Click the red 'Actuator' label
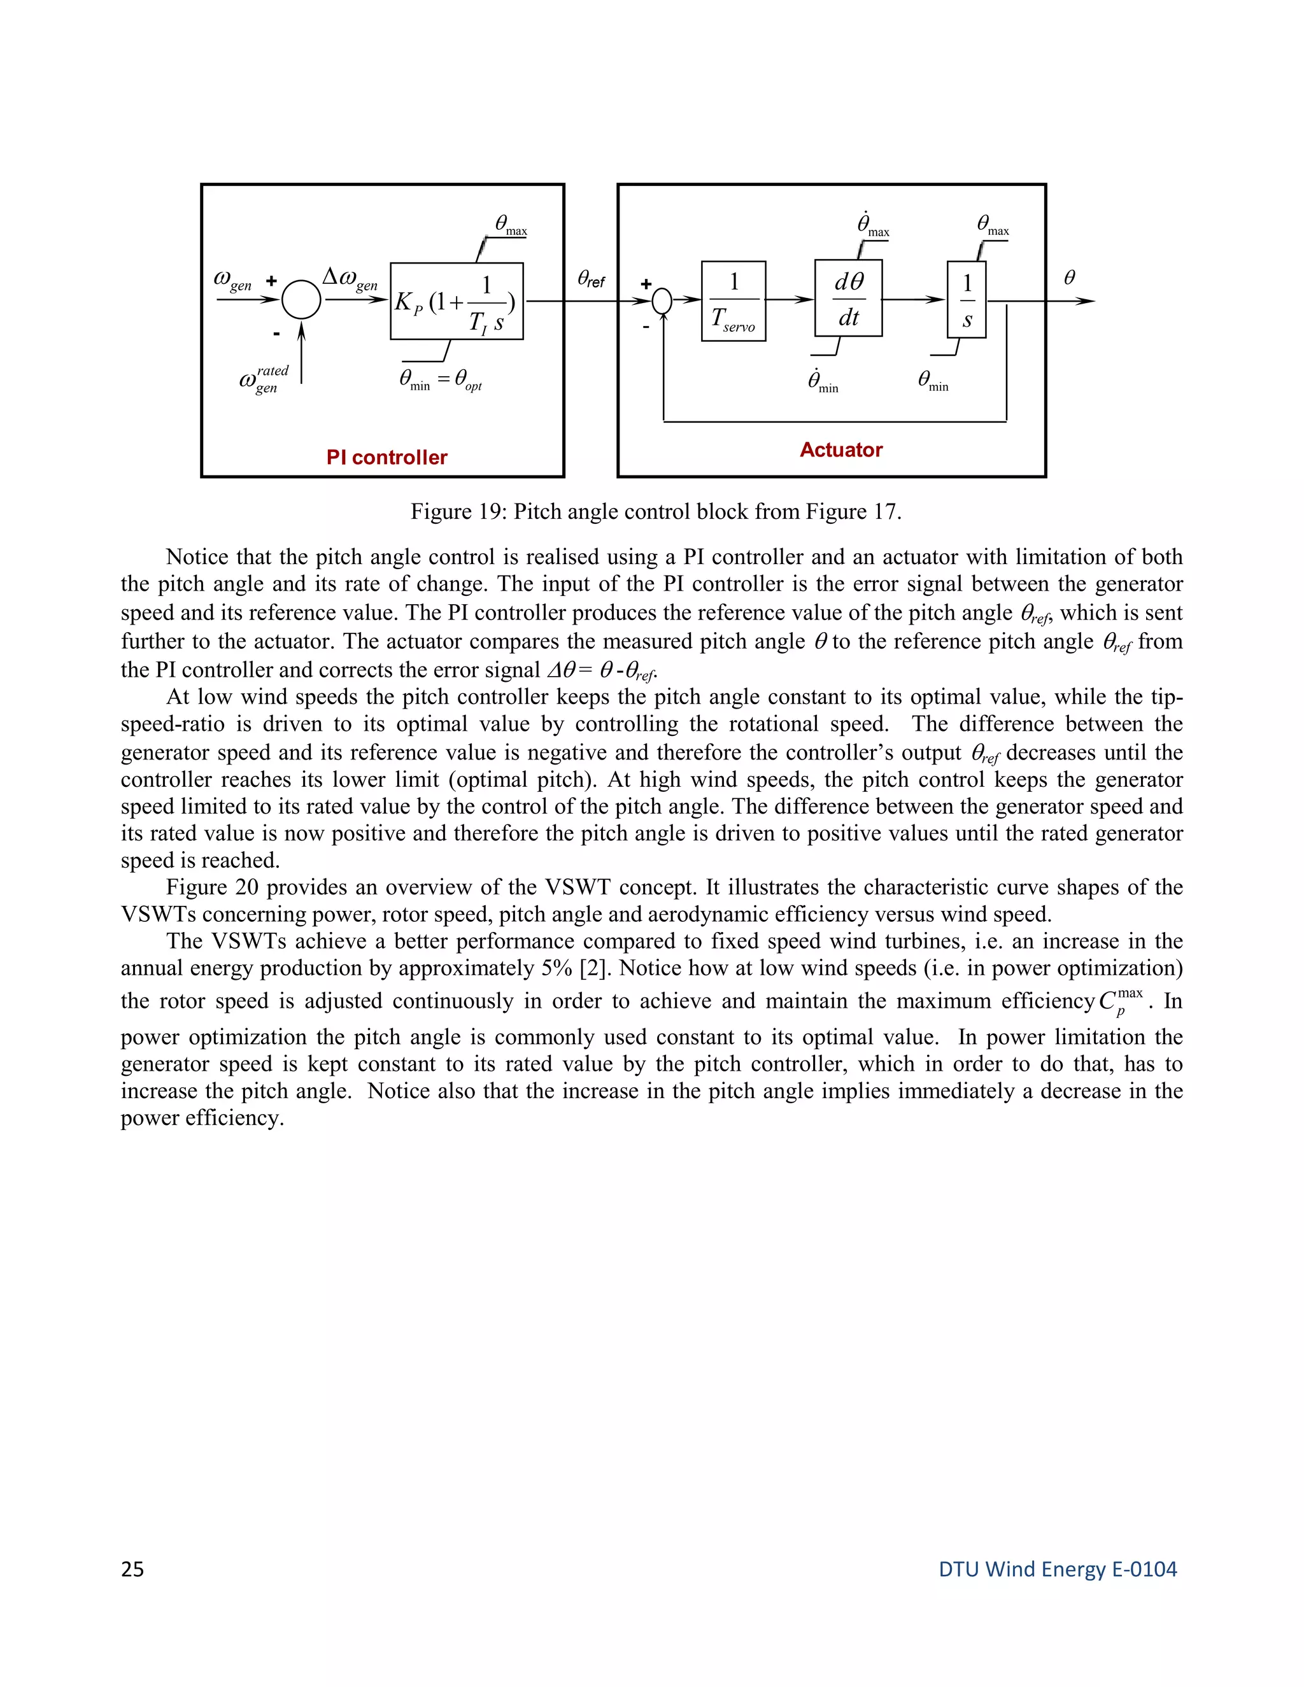pyautogui.click(x=840, y=449)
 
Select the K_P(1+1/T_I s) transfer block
pyautogui.click(x=457, y=301)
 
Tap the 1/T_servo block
pyautogui.click(x=733, y=301)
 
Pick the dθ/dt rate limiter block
pyautogui.click(x=848, y=298)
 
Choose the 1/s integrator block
pyautogui.click(x=967, y=300)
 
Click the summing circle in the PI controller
pyautogui.click(x=301, y=300)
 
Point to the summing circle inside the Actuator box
pyautogui.click(x=662, y=301)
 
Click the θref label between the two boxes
pyautogui.click(x=591, y=279)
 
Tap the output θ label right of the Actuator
pyautogui.click(x=1069, y=278)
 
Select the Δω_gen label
pyautogui.click(x=349, y=279)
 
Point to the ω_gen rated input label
pyautogui.click(x=264, y=379)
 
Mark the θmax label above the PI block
pyautogui.click(x=511, y=225)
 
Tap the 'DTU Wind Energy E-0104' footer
pyautogui.click(x=1057, y=1569)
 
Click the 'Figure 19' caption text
pyautogui.click(x=655, y=511)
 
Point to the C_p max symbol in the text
pyautogui.click(x=1119, y=1002)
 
